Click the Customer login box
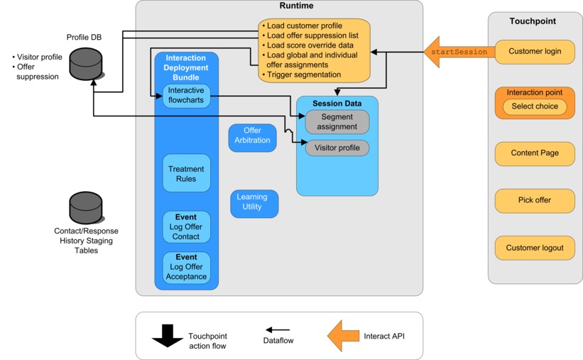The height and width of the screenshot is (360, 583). point(535,52)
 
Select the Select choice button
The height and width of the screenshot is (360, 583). point(535,107)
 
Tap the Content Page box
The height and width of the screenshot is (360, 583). point(535,153)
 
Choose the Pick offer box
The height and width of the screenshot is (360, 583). point(535,200)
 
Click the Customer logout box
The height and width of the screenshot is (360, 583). point(535,248)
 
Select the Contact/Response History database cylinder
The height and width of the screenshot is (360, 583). point(86,207)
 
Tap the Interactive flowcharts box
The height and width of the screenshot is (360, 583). point(186,95)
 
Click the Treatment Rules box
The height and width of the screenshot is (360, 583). point(186,173)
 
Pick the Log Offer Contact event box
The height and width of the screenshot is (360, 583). point(186,227)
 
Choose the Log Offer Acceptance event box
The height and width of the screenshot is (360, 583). point(186,267)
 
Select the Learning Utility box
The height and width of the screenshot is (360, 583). point(254,204)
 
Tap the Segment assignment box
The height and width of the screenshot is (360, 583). point(337,122)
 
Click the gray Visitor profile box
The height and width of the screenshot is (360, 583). point(337,148)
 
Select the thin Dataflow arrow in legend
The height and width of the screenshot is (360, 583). point(278,330)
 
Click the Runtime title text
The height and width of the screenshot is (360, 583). point(278,6)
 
